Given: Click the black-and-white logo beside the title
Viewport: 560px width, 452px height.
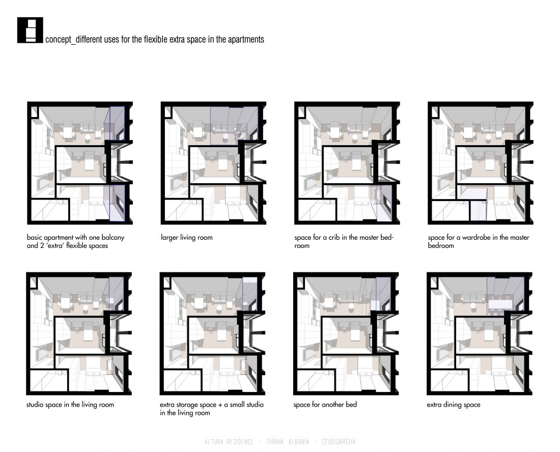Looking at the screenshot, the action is coord(30,30).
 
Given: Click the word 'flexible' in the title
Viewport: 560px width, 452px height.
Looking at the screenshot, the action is coord(155,39).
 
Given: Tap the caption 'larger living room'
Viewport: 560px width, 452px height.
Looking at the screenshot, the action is coord(186,237).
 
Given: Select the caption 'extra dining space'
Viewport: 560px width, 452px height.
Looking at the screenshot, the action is coord(453,405).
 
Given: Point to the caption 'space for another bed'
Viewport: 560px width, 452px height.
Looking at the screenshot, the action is coord(325,405).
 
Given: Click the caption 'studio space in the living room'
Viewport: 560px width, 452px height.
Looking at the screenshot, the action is coord(70,405).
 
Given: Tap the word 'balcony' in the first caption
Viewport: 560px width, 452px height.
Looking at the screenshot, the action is coord(113,237).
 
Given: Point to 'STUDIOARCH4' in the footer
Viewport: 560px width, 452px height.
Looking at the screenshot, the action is coord(339,442).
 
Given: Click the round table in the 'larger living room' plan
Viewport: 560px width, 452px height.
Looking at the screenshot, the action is coord(226,137).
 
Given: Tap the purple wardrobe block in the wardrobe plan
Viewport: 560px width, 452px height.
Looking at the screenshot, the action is coord(478,211).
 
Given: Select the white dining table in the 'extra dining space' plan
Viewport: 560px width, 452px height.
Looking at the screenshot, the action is coord(500,304).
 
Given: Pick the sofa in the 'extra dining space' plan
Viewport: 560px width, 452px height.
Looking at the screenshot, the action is coord(472,296).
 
